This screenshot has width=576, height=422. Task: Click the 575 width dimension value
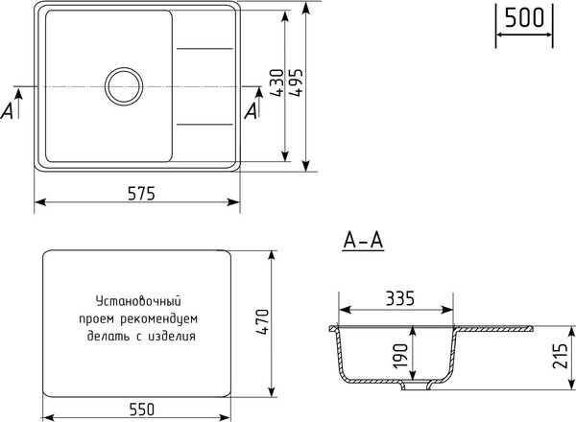[x=139, y=193]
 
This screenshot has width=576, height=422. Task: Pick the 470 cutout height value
[x=261, y=323]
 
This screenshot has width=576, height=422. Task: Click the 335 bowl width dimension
[x=396, y=298]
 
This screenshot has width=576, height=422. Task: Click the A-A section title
[x=363, y=243]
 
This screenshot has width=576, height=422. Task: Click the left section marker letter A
[x=9, y=111]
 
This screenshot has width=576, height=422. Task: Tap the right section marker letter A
[x=252, y=111]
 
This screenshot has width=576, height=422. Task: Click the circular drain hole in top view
[x=124, y=86]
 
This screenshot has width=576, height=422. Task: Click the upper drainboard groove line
[x=204, y=48]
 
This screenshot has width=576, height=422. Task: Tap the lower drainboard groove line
[x=204, y=124]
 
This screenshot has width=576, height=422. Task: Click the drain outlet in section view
[x=415, y=387]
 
